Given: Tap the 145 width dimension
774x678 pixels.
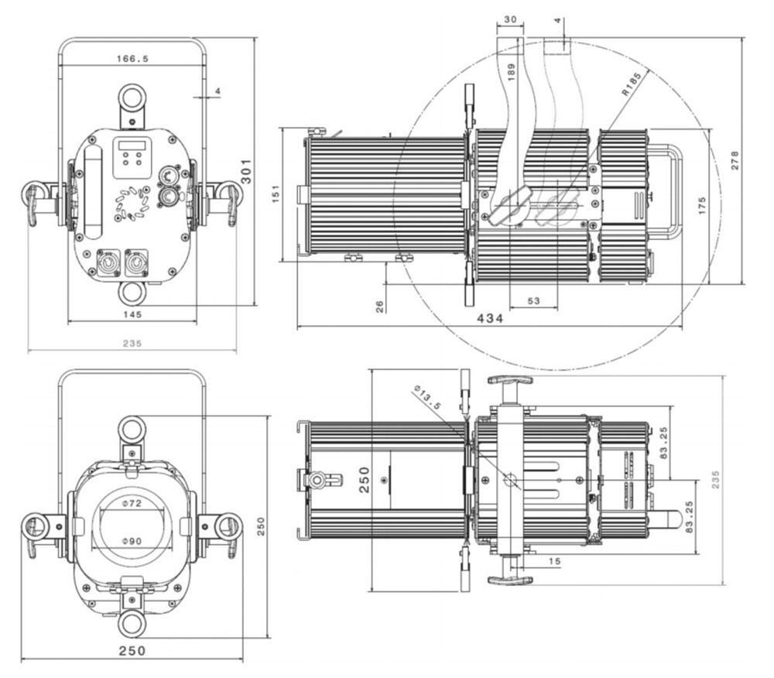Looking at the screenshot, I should (x=132, y=314).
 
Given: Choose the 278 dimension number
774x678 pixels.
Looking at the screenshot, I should (x=735, y=159).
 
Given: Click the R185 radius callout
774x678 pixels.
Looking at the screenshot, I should (x=633, y=83).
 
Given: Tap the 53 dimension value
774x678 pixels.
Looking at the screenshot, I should (x=533, y=301).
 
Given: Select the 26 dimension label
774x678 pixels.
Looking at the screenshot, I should (x=380, y=306).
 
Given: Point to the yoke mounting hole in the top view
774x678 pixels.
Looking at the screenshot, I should (x=512, y=481).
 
